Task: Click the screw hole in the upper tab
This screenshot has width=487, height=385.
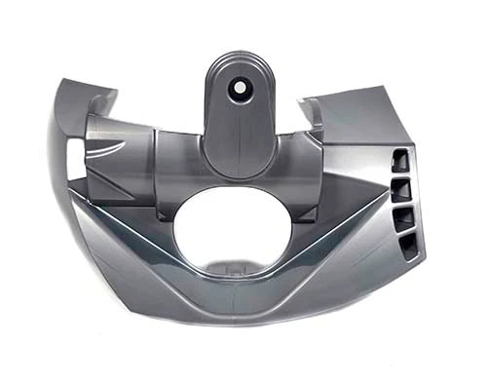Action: coord(238,87)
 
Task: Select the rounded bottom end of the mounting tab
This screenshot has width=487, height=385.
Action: coord(238,173)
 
